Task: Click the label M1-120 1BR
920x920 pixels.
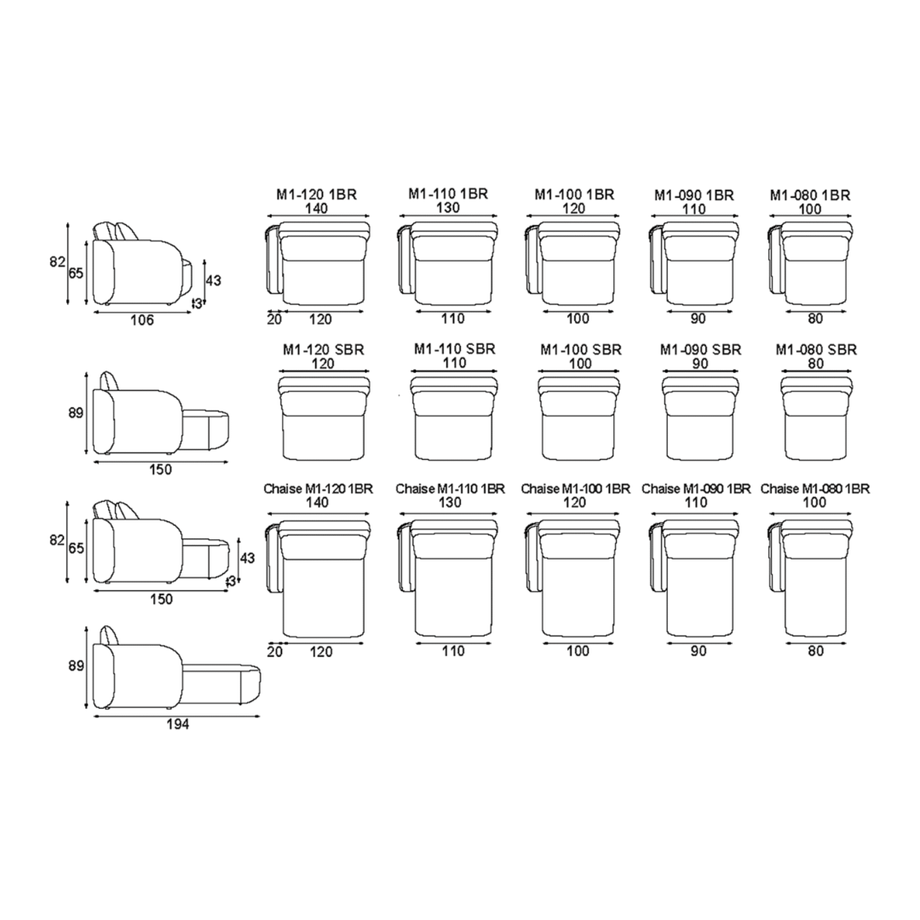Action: point(316,194)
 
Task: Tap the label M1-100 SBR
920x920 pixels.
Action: point(580,350)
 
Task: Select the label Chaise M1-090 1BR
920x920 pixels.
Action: point(696,489)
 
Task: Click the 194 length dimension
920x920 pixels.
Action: point(178,725)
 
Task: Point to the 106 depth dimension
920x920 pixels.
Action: point(142,319)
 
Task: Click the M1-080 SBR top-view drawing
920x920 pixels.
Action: point(816,417)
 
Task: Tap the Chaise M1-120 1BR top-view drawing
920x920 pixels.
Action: point(318,578)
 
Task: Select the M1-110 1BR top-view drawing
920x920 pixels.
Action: point(447,263)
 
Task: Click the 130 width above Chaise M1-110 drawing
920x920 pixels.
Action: point(449,503)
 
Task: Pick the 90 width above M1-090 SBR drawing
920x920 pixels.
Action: point(700,364)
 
